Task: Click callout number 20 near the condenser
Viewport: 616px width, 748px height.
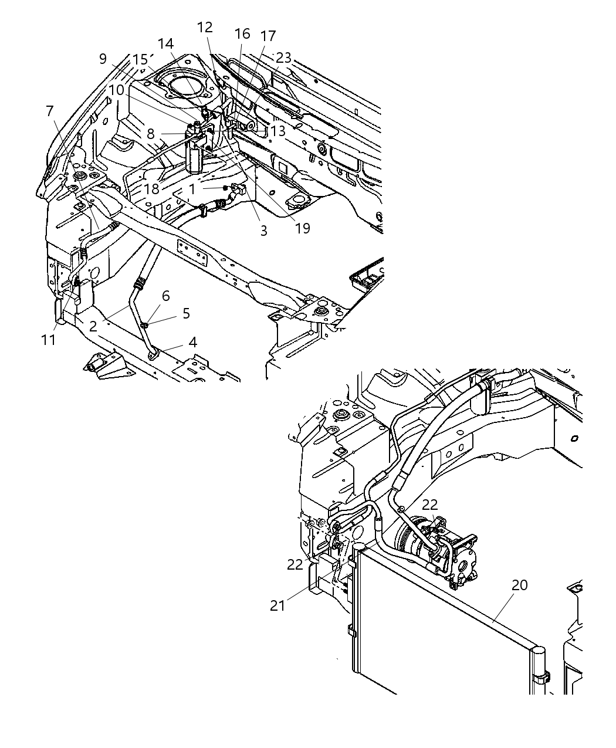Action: click(x=519, y=585)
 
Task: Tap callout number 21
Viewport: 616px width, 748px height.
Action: click(x=277, y=605)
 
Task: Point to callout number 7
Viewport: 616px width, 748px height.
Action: click(x=49, y=111)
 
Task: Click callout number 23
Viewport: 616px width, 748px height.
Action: click(x=283, y=57)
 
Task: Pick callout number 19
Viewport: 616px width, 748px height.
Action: click(x=303, y=228)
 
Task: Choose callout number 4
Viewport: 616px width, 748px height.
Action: click(x=192, y=343)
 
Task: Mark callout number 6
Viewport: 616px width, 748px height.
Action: click(x=166, y=296)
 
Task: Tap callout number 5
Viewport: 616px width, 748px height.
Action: click(x=186, y=313)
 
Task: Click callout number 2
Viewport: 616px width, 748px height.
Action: click(x=93, y=326)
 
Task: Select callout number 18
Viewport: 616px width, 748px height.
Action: click(x=151, y=189)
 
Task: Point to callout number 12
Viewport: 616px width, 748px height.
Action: click(x=205, y=27)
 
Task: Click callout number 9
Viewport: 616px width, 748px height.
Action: click(x=103, y=59)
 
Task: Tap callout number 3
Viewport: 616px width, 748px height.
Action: click(x=263, y=231)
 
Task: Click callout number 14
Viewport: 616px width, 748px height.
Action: click(x=166, y=43)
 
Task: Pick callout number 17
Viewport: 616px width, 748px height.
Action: click(x=268, y=36)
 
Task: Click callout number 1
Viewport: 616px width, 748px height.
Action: click(x=192, y=189)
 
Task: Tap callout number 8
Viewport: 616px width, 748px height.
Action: click(x=151, y=134)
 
